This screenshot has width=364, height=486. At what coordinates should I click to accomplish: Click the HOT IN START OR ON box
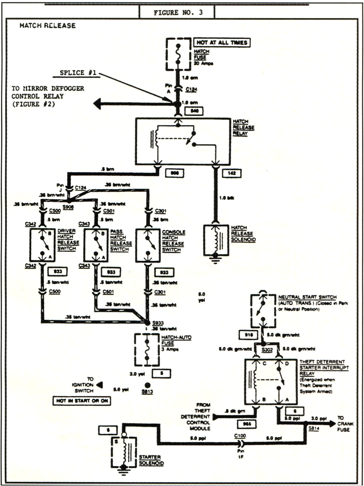coord(81,401)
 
